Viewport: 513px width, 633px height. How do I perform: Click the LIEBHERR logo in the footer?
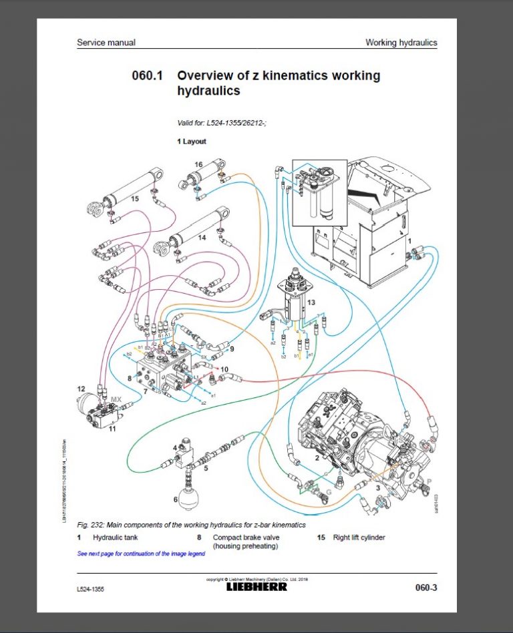click(x=256, y=587)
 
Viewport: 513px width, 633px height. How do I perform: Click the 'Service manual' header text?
click(x=106, y=43)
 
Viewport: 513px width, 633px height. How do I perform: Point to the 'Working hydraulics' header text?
click(x=401, y=43)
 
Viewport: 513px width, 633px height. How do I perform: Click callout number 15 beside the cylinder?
click(x=134, y=199)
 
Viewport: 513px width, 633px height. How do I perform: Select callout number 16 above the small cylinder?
click(x=198, y=164)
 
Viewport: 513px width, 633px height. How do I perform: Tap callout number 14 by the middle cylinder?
click(x=202, y=237)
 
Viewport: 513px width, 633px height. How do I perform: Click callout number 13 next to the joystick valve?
click(x=310, y=302)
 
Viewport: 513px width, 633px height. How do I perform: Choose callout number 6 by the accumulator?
click(x=176, y=498)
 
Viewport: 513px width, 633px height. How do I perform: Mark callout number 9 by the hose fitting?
click(x=232, y=349)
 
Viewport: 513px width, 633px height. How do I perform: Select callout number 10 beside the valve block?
click(x=225, y=369)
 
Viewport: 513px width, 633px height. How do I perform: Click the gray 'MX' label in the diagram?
click(x=116, y=399)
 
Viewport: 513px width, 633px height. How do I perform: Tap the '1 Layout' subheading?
click(x=192, y=142)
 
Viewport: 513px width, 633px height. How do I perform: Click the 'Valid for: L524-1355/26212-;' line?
click(x=217, y=123)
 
